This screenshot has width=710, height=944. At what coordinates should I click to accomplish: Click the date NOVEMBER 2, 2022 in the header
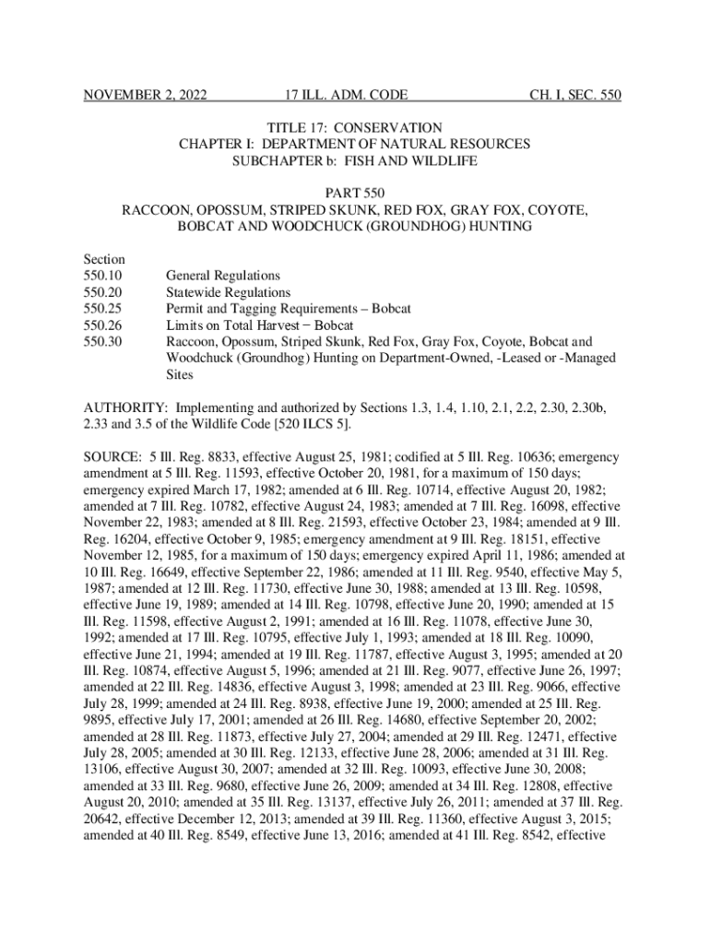(x=145, y=95)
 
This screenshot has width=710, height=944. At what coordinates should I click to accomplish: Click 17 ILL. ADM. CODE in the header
(x=347, y=95)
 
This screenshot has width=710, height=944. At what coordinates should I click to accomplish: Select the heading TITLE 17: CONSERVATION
(x=355, y=127)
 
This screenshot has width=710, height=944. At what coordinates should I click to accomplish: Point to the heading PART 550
(x=355, y=193)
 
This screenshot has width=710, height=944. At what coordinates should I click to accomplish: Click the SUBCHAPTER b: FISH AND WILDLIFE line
(x=355, y=161)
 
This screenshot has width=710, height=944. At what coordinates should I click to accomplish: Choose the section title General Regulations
(x=222, y=276)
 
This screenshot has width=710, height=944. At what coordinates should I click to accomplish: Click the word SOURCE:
(x=112, y=457)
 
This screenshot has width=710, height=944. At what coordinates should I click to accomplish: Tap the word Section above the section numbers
(x=104, y=259)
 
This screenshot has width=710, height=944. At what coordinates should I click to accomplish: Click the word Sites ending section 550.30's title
(x=181, y=374)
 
